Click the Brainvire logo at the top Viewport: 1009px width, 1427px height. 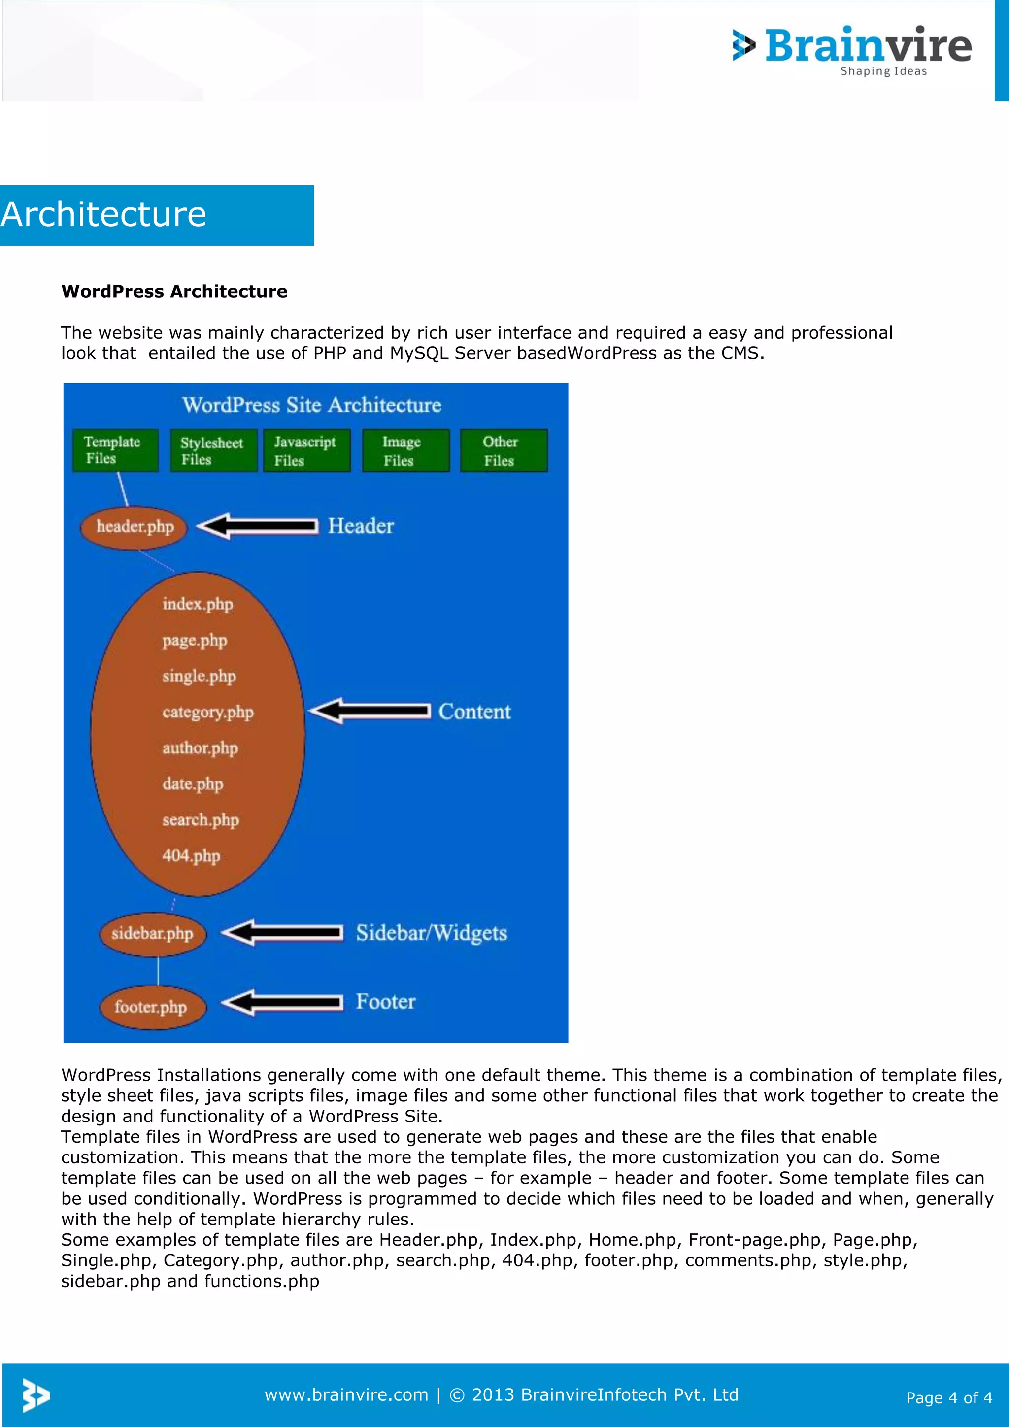click(852, 50)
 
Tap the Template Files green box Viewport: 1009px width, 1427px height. click(115, 450)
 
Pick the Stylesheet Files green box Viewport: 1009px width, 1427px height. click(213, 450)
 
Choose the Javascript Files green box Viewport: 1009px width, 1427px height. click(306, 450)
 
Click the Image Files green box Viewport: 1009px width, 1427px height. click(405, 450)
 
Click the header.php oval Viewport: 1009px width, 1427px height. click(134, 527)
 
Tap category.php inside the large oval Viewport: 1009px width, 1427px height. click(207, 712)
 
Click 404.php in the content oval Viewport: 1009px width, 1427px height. click(191, 856)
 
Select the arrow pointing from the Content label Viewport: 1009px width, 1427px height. click(370, 711)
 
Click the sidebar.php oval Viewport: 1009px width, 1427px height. click(152, 934)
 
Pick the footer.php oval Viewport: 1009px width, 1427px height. click(151, 1007)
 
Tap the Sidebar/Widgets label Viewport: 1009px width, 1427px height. click(431, 933)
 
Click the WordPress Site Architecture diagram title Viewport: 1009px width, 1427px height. click(311, 405)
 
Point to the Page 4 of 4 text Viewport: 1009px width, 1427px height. click(949, 1398)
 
